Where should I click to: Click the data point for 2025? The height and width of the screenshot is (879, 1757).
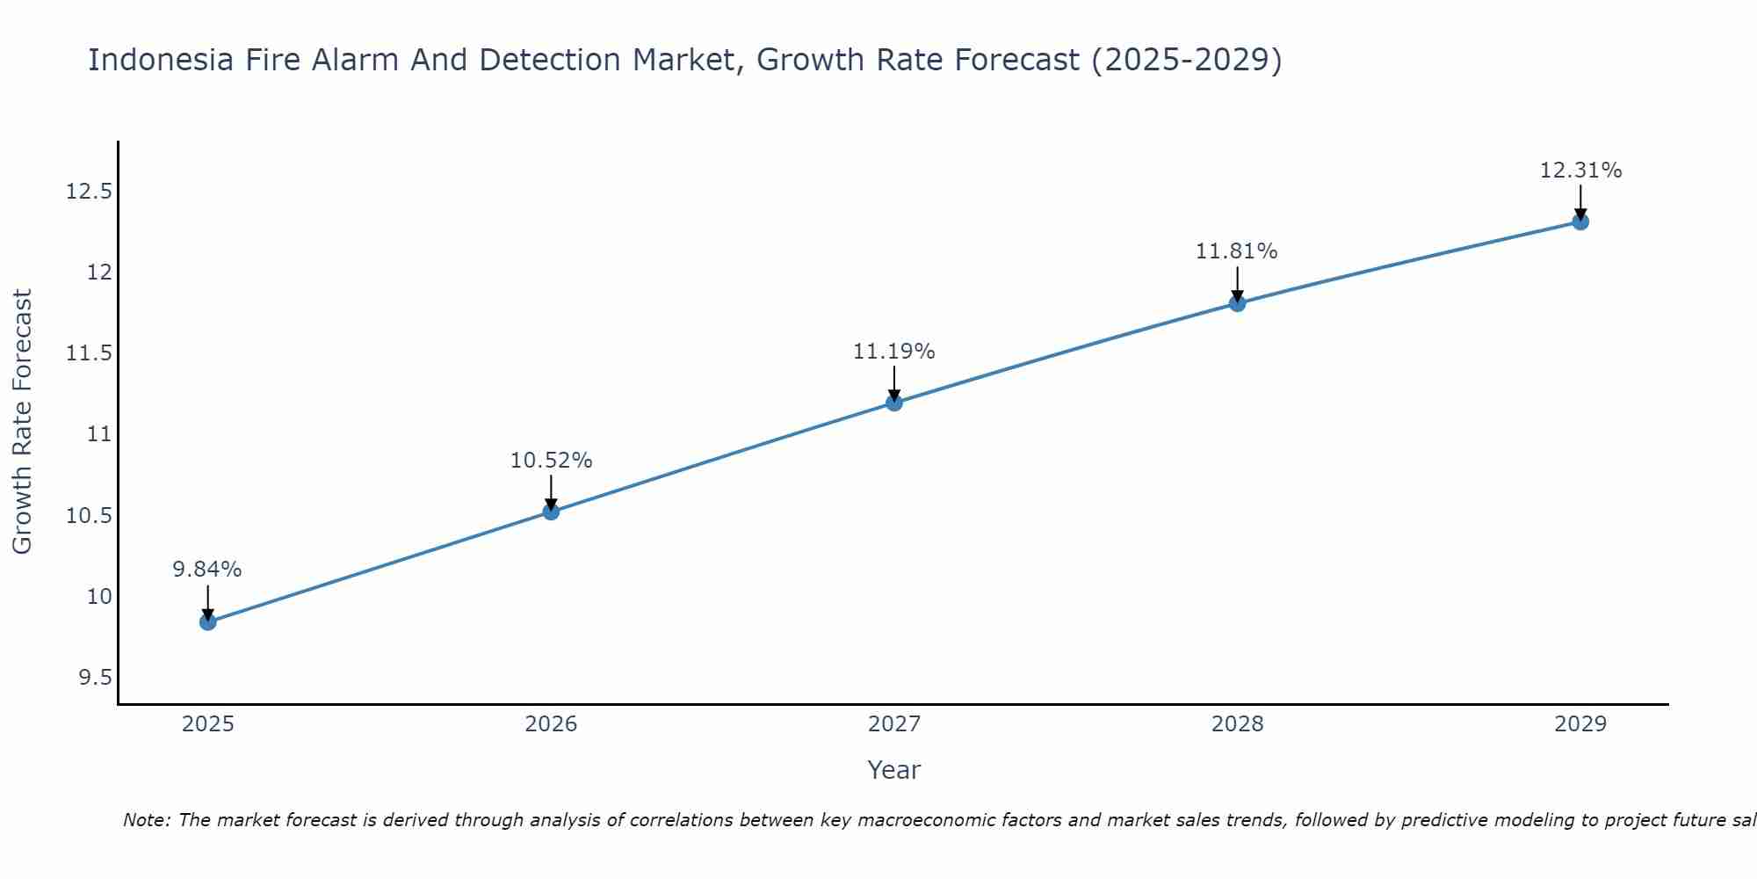point(208,622)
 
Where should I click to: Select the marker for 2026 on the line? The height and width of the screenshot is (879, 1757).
point(551,512)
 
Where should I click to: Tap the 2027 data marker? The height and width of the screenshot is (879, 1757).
point(894,403)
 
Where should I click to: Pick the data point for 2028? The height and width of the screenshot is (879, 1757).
point(1237,303)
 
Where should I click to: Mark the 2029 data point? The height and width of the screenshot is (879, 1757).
point(1580,222)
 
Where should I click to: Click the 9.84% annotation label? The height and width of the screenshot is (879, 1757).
point(207,570)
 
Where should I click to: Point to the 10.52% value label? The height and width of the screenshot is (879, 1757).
point(551,461)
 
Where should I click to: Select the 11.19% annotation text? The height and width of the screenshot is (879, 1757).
point(894,352)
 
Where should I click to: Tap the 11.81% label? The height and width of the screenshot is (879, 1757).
point(1237,251)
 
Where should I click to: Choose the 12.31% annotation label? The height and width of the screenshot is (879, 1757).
point(1580,171)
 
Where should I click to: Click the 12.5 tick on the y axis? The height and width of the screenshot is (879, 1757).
point(90,192)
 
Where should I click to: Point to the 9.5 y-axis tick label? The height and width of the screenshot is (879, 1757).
point(95,678)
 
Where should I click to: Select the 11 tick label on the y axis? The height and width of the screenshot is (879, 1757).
point(100,434)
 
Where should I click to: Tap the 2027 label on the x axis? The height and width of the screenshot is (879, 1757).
point(894,724)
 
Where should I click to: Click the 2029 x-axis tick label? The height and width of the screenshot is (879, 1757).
point(1580,724)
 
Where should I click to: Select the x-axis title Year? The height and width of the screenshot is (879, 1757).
point(894,770)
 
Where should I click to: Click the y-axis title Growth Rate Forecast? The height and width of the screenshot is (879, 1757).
point(23,422)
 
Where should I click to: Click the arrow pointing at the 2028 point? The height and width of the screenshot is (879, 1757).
point(1237,284)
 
